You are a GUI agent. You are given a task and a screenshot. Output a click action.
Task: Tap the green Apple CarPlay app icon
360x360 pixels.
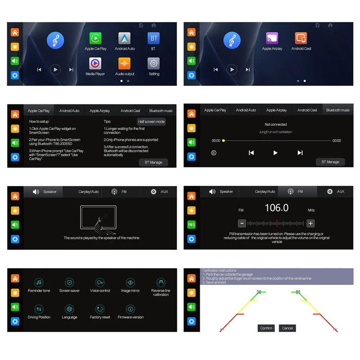click(x=95, y=38)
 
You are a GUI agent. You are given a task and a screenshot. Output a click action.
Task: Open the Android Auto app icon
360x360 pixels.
click(x=125, y=38)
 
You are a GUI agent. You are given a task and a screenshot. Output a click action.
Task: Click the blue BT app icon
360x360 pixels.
click(x=153, y=38)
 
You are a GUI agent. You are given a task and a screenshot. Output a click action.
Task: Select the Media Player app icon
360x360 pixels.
click(x=95, y=63)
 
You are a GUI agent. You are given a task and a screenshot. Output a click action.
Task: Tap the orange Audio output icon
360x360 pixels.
click(x=125, y=63)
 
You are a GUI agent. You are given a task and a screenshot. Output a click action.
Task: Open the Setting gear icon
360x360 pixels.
click(x=154, y=63)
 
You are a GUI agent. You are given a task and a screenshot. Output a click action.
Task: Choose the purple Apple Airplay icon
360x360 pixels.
click(x=272, y=38)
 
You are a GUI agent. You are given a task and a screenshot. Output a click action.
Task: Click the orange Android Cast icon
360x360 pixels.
click(x=301, y=38)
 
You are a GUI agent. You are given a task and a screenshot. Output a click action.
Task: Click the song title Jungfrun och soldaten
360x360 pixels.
click(x=276, y=132)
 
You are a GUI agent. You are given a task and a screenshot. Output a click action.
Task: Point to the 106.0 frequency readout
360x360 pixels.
click(x=276, y=208)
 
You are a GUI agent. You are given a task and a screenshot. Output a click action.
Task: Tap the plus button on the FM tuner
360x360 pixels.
click(x=310, y=223)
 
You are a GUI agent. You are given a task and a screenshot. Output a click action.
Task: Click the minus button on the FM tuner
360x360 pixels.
click(x=242, y=223)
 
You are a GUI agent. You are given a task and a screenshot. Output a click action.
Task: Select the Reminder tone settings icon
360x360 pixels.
click(x=39, y=283)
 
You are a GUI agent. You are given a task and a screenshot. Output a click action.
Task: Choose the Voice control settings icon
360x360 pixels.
click(x=100, y=283)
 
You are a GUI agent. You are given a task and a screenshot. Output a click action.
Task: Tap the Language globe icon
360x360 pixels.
click(x=69, y=309)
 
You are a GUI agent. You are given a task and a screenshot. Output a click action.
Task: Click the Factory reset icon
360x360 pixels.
click(x=100, y=309)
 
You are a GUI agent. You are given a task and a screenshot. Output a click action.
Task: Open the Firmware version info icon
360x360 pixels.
click(x=130, y=309)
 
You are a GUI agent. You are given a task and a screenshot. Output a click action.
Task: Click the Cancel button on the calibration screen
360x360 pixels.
click(x=287, y=328)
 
